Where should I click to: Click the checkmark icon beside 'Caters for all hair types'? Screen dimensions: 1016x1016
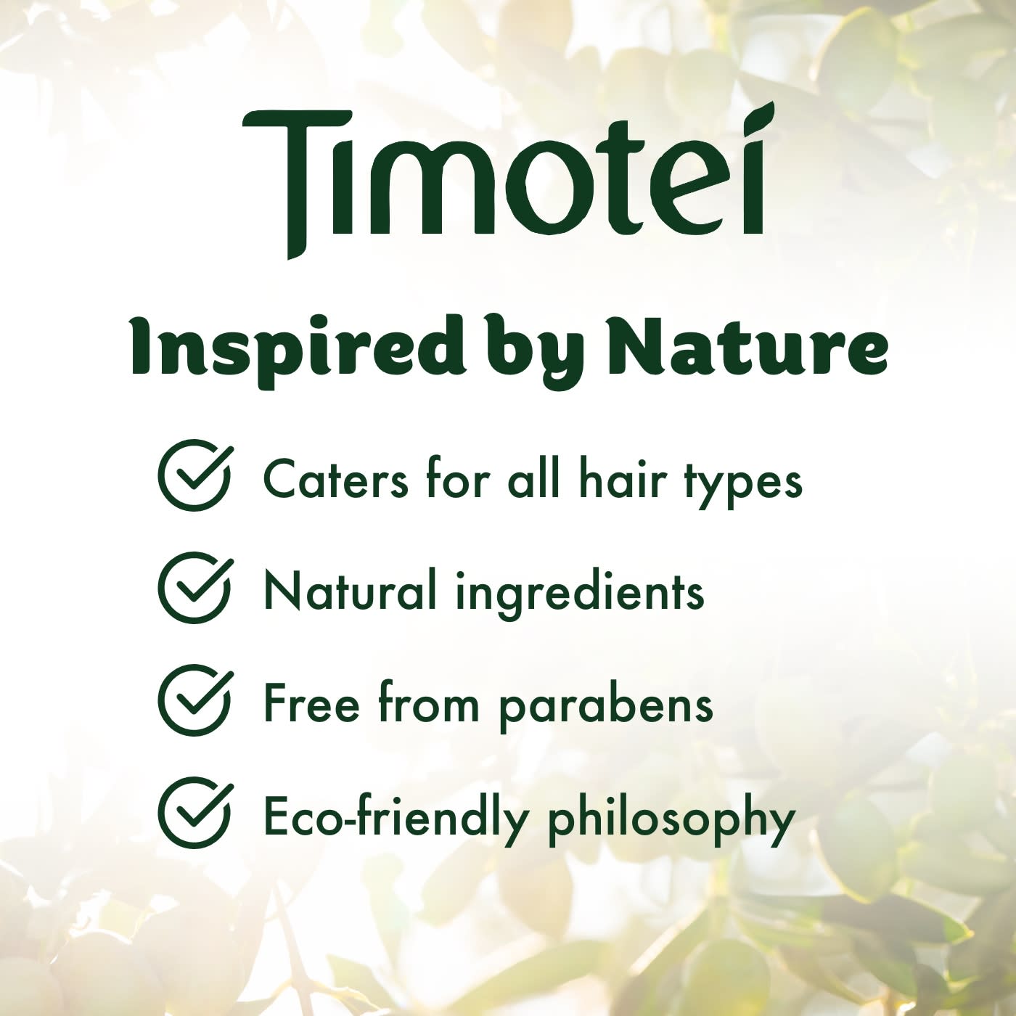[194, 476]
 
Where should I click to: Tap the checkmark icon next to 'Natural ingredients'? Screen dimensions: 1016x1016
[194, 589]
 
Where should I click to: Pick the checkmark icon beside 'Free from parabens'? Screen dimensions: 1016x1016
[194, 701]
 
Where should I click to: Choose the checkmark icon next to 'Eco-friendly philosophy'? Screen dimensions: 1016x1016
[194, 814]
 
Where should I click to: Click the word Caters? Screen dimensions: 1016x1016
[336, 479]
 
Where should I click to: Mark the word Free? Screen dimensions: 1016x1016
[311, 703]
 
